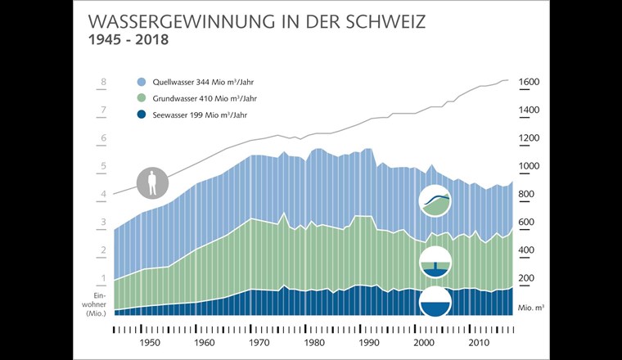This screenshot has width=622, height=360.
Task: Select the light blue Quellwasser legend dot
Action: (x=142, y=82)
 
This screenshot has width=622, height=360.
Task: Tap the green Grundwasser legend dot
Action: (x=142, y=99)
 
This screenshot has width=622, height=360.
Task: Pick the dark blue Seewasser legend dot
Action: (x=142, y=115)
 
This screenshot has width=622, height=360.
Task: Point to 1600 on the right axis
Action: (x=527, y=83)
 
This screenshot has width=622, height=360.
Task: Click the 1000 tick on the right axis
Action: (x=527, y=166)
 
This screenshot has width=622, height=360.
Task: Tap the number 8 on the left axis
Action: (x=103, y=83)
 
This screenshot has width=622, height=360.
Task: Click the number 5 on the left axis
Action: (x=103, y=167)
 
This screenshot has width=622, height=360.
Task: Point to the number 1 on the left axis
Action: (x=103, y=278)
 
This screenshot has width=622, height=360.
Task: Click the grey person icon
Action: (x=151, y=183)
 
